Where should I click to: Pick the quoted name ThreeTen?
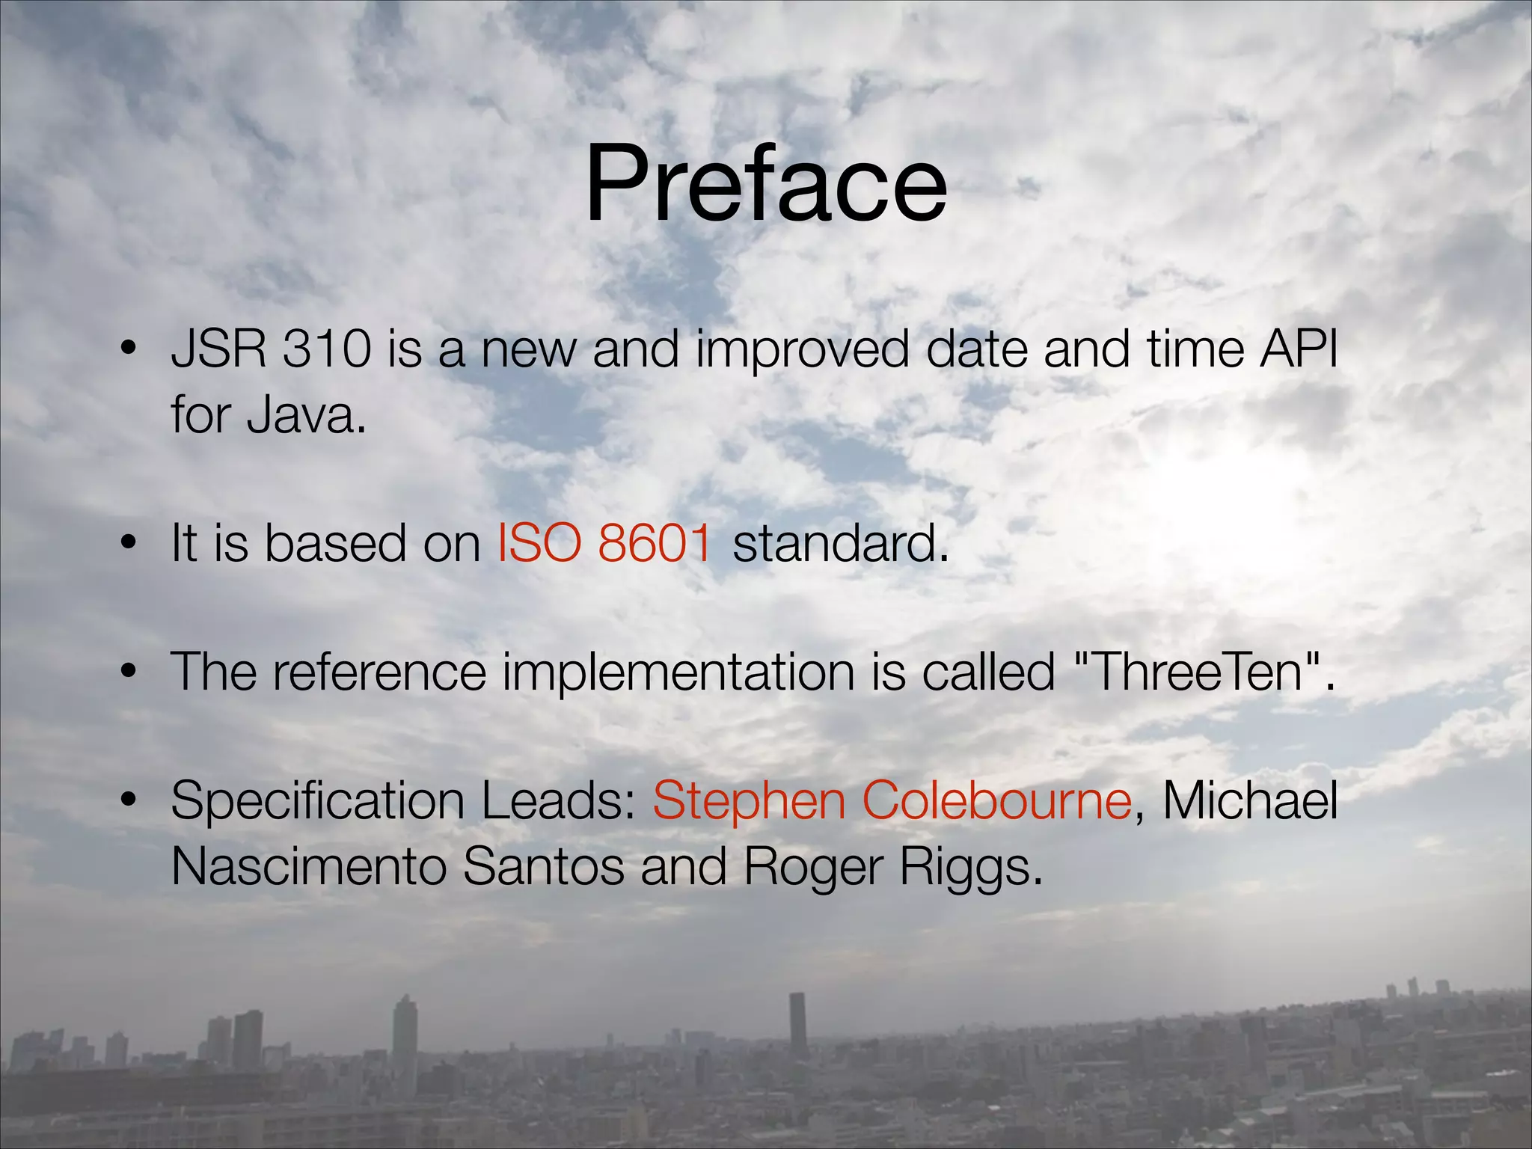pyautogui.click(x=1197, y=671)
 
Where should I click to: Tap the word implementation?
pyautogui.click(x=678, y=672)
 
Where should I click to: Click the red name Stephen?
pyautogui.click(x=749, y=801)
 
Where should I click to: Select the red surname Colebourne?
pyautogui.click(x=996, y=800)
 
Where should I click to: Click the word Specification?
pyautogui.click(x=318, y=801)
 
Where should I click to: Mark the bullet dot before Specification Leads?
pyautogui.click(x=129, y=800)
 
